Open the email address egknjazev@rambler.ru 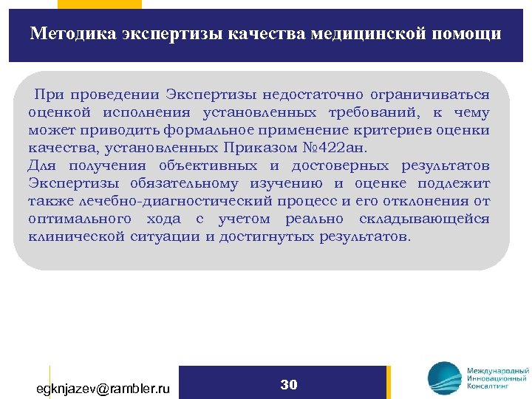click(x=103, y=387)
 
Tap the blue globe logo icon click(x=443, y=379)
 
